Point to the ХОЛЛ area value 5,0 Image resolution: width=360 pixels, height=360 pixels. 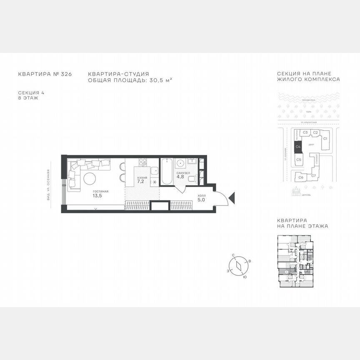pos(202,200)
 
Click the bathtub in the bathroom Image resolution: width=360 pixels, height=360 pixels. pos(166,172)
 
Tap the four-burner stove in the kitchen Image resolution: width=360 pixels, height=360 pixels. pos(143,161)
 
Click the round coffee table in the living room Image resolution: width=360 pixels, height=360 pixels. pos(90,179)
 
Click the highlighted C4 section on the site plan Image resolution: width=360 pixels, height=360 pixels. pos(298,146)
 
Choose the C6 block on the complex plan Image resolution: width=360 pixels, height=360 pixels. pos(301,177)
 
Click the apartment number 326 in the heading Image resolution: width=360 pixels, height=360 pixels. pos(66,74)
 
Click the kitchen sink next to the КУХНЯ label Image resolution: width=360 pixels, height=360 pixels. pos(154,170)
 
